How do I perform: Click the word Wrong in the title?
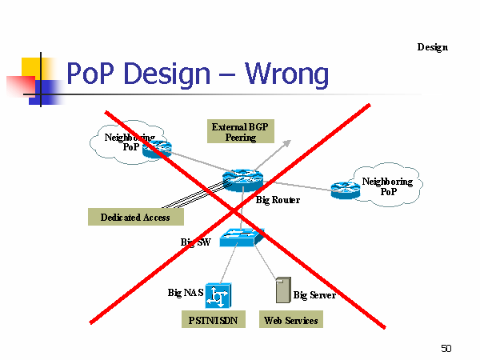pyautogui.click(x=286, y=74)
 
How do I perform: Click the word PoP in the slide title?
pyautogui.click(x=90, y=74)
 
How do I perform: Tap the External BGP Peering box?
pyautogui.click(x=241, y=131)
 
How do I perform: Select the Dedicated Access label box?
pyautogui.click(x=136, y=217)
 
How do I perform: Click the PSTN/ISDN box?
pyautogui.click(x=214, y=319)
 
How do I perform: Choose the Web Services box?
pyautogui.click(x=291, y=319)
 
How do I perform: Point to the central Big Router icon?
pyautogui.click(x=242, y=181)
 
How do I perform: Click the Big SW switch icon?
pyautogui.click(x=242, y=238)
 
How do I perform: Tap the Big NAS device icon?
pyautogui.click(x=218, y=296)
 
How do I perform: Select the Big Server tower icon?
pyautogui.click(x=283, y=290)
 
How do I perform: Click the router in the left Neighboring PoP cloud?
pyautogui.click(x=157, y=149)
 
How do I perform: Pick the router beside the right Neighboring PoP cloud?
pyautogui.click(x=346, y=190)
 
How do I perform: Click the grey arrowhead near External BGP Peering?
pyautogui.click(x=287, y=143)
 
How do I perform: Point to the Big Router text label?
pyautogui.click(x=278, y=200)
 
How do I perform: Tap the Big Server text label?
pyautogui.click(x=314, y=295)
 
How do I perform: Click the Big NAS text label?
pyautogui.click(x=186, y=293)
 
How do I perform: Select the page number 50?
pyautogui.click(x=446, y=348)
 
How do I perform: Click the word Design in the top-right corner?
pyautogui.click(x=433, y=47)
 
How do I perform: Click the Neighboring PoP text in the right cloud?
pyautogui.click(x=388, y=186)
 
